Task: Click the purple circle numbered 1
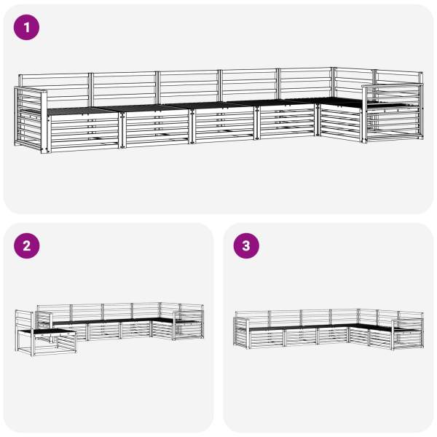tap(26, 28)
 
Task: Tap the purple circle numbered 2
tap(26, 246)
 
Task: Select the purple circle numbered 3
tap(246, 246)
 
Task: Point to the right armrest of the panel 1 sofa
tap(393, 113)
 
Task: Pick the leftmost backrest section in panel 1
tap(55, 88)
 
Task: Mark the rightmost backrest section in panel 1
tap(398, 78)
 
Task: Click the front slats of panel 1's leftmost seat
tap(84, 133)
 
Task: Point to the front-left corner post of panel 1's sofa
tap(44, 122)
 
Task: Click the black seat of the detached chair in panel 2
tap(47, 331)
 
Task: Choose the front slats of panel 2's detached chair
tap(67, 342)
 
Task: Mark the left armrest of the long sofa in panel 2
tap(44, 323)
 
